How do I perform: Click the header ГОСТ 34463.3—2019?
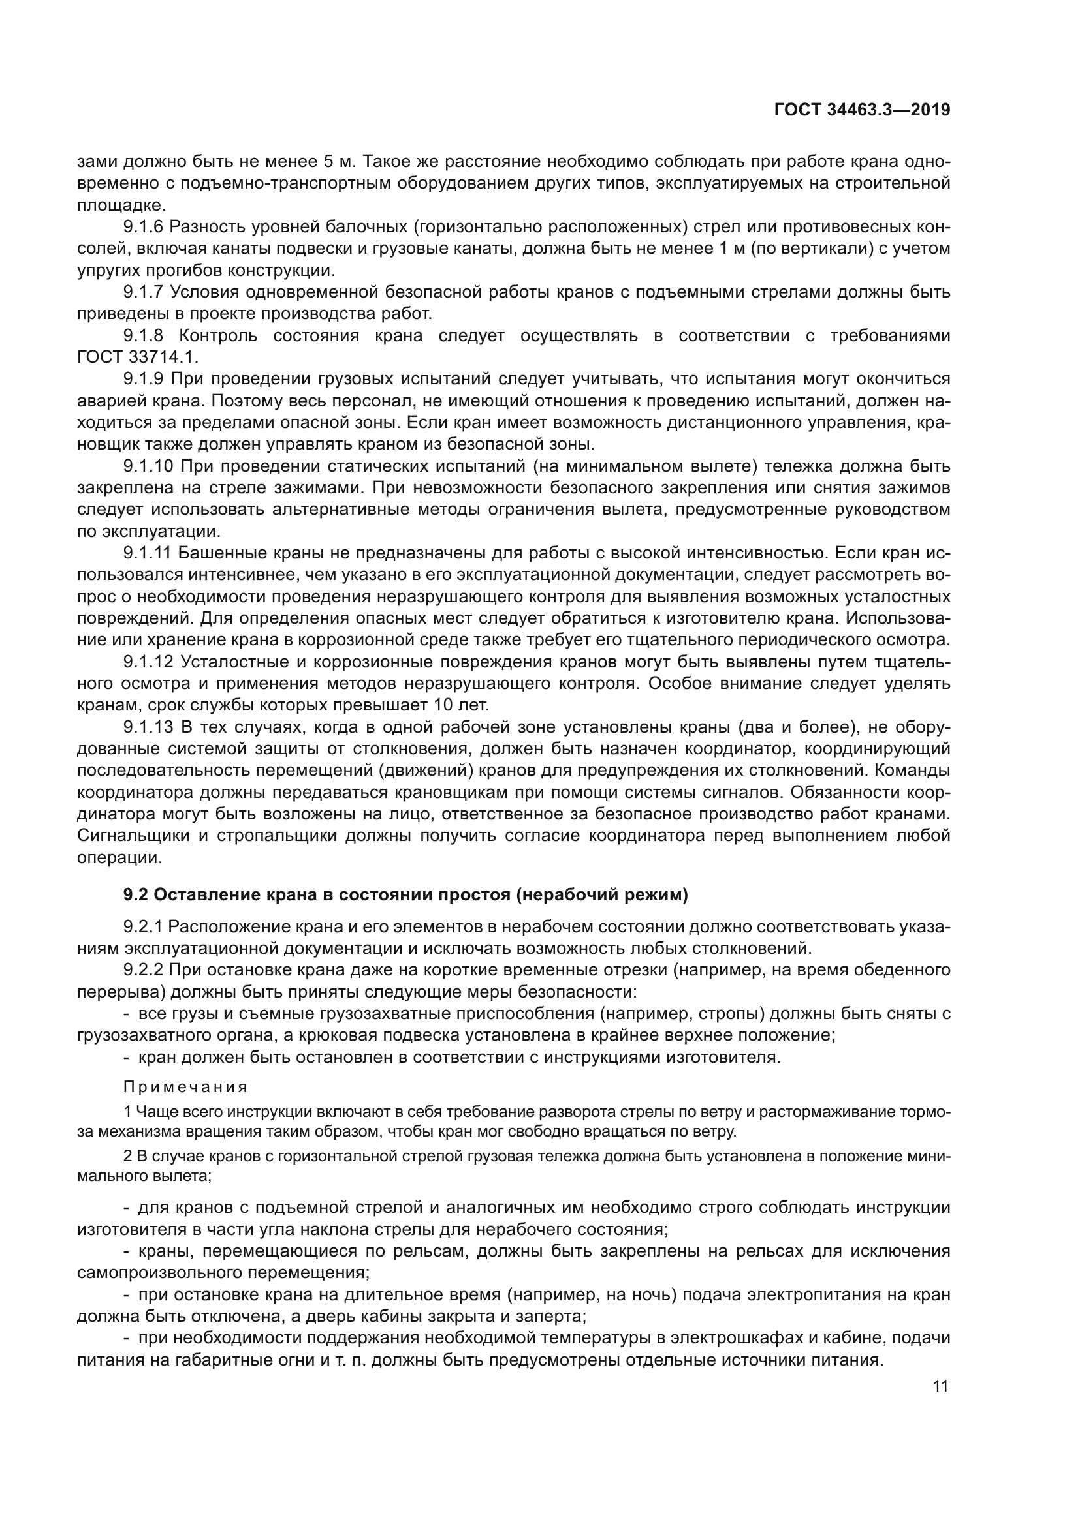tap(862, 110)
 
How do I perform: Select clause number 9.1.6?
tap(143, 226)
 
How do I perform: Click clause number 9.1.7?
tap(143, 292)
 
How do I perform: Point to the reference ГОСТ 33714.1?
tap(138, 357)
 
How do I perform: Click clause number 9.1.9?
tap(143, 379)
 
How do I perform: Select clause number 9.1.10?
tap(147, 466)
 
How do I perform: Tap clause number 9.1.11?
tap(147, 553)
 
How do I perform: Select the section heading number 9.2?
tap(135, 895)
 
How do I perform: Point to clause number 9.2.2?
tap(143, 970)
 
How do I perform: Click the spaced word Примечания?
tap(185, 1088)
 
